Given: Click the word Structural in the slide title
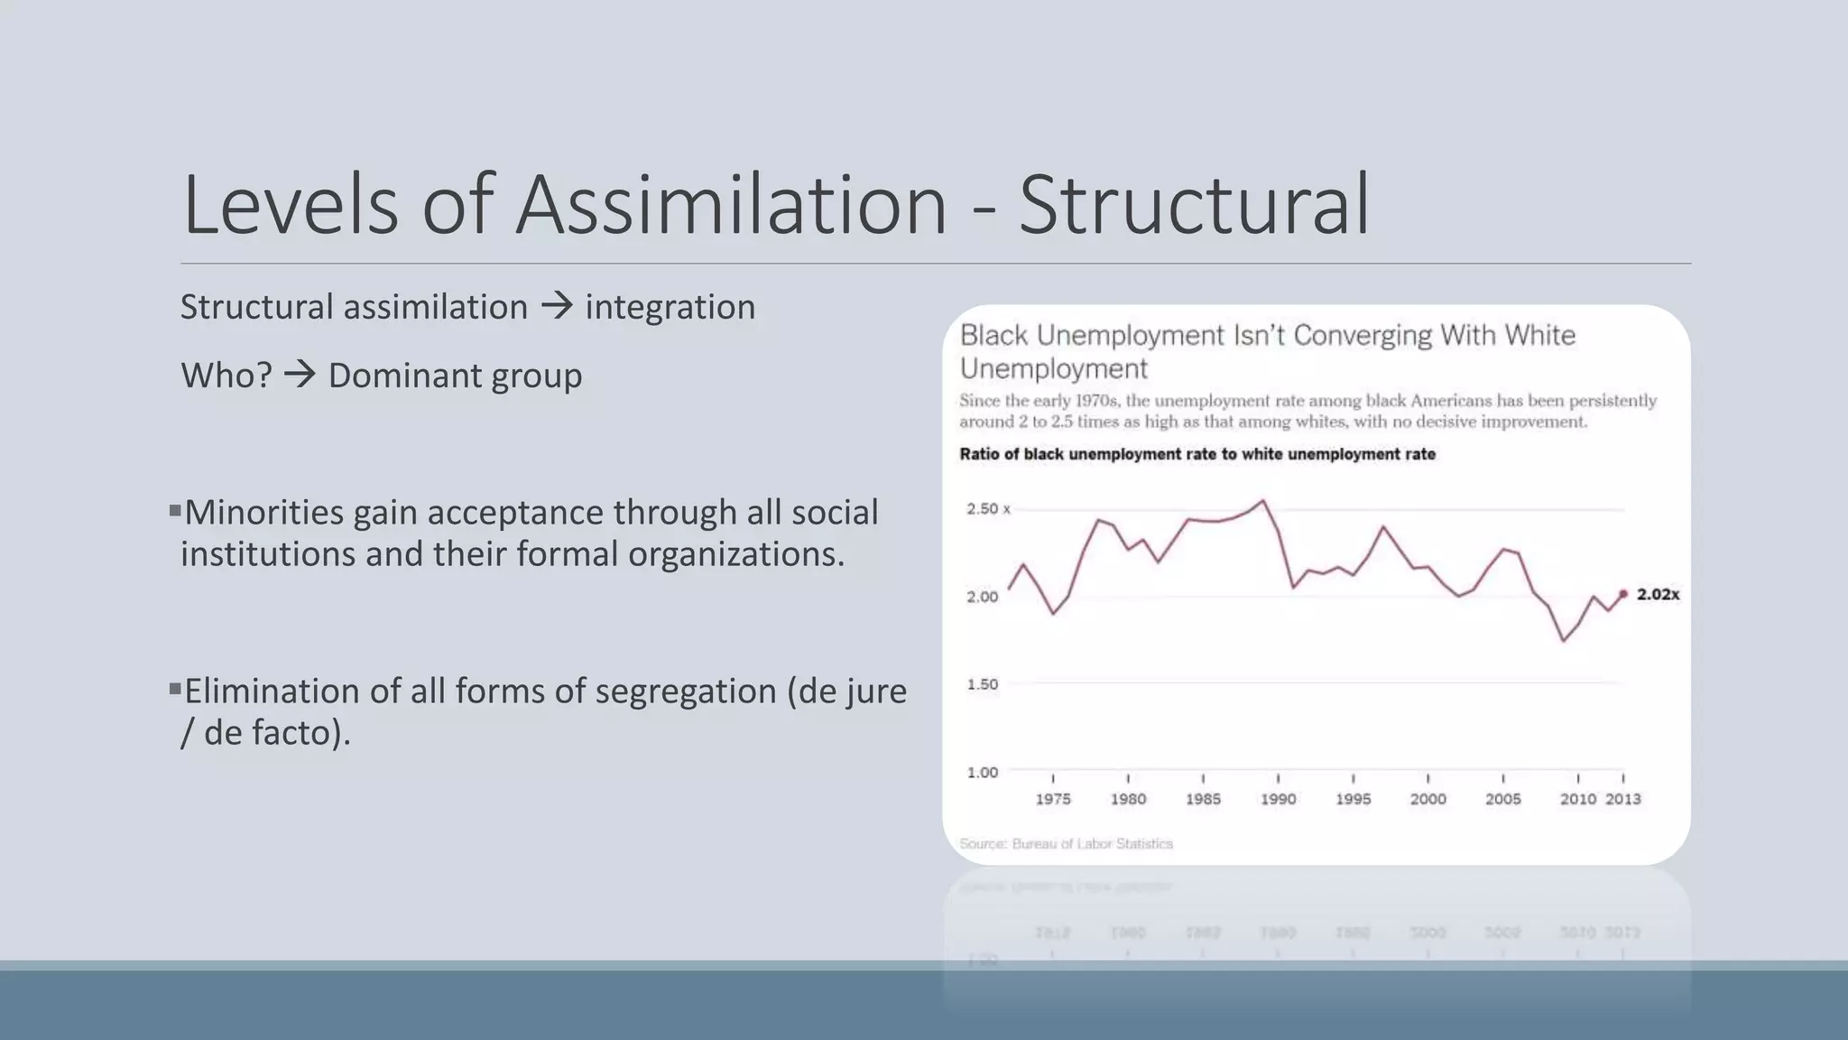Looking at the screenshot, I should click(x=1194, y=206).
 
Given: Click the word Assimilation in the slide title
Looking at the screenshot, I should click(x=731, y=206).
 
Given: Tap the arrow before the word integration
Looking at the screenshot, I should click(x=557, y=306).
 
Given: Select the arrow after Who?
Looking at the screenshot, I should click(x=300, y=375).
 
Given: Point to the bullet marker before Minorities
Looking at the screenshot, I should click(x=175, y=511).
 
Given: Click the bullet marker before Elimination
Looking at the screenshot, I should click(x=175, y=690).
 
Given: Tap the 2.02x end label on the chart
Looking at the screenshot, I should click(x=1658, y=595).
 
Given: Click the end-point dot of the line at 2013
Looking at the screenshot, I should click(x=1623, y=594).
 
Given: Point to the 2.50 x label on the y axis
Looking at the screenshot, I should click(x=988, y=509).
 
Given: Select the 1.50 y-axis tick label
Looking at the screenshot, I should click(x=982, y=684).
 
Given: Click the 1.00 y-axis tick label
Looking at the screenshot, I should click(x=982, y=773).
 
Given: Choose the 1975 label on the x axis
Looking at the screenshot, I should click(x=1053, y=799).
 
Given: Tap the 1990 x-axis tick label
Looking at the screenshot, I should click(x=1278, y=799).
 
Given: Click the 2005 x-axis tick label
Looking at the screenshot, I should click(x=1502, y=799).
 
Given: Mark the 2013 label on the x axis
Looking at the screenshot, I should click(x=1622, y=799).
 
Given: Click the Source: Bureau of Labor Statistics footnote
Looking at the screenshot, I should click(x=1066, y=844).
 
